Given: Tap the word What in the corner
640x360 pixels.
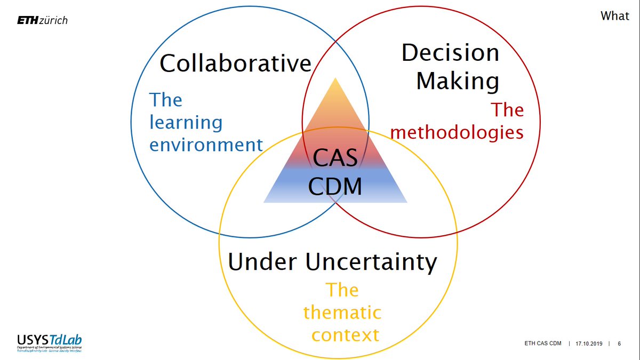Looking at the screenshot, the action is click(x=614, y=16).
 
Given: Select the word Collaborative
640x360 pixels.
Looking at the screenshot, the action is click(x=235, y=63).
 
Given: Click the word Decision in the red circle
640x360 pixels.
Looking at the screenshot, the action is click(x=450, y=53).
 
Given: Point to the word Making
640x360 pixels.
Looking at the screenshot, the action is click(x=457, y=81).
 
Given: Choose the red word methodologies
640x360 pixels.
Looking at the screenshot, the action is click(x=457, y=132).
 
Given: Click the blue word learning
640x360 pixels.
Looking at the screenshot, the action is click(x=186, y=123).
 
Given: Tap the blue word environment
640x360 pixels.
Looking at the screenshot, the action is click(x=206, y=145).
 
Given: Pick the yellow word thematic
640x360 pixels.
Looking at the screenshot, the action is click(x=342, y=312).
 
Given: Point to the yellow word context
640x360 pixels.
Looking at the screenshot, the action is click(x=345, y=335).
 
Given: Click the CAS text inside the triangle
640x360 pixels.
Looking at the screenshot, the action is click(x=335, y=158).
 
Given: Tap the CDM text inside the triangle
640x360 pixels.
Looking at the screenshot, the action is click(x=335, y=186).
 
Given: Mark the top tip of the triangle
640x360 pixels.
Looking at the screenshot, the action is click(x=335, y=79).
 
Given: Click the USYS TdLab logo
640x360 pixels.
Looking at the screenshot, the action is click(x=50, y=343).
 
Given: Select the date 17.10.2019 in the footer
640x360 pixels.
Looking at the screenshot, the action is click(x=589, y=344).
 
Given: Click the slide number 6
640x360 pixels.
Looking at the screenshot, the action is click(x=619, y=344).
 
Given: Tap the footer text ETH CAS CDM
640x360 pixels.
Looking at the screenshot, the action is click(x=543, y=344).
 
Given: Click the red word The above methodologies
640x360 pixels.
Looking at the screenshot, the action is click(x=507, y=110).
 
